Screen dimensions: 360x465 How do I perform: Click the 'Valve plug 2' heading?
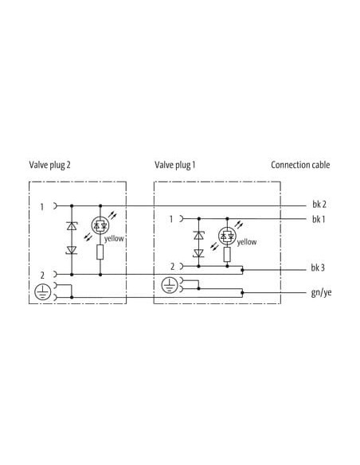pyautogui.click(x=50, y=165)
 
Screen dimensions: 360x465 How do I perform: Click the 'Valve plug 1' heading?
pyautogui.click(x=175, y=165)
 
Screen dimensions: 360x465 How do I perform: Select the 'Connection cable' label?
pyautogui.click(x=300, y=165)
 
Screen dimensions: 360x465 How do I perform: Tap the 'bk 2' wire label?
pyautogui.click(x=319, y=204)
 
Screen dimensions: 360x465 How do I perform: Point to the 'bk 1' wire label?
pyautogui.click(x=319, y=219)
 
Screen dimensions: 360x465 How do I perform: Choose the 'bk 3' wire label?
pyautogui.click(x=318, y=268)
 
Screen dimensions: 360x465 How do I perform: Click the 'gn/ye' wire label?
pyautogui.click(x=321, y=293)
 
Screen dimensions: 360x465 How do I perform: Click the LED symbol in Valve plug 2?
pyautogui.click(x=100, y=225)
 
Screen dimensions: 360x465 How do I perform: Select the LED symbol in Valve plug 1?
pyautogui.click(x=227, y=236)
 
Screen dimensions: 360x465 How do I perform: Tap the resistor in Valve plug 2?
pyautogui.click(x=100, y=252)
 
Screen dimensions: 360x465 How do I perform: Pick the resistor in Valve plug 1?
pyautogui.click(x=227, y=254)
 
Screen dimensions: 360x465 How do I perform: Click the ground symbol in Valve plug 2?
pyautogui.click(x=43, y=291)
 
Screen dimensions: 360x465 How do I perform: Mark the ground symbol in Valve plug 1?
pyautogui.click(x=170, y=285)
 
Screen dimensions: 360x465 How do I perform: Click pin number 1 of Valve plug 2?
pyautogui.click(x=41, y=207)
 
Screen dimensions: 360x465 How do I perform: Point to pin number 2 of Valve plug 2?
pyautogui.click(x=42, y=275)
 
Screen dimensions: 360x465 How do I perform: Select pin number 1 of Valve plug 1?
pyautogui.click(x=170, y=219)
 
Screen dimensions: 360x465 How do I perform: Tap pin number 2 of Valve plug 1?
pyautogui.click(x=172, y=267)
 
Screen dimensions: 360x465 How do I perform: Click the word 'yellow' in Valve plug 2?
pyautogui.click(x=114, y=238)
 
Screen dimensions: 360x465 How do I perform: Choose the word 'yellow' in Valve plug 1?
pyautogui.click(x=247, y=242)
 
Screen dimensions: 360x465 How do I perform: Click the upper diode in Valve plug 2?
pyautogui.click(x=72, y=226)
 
